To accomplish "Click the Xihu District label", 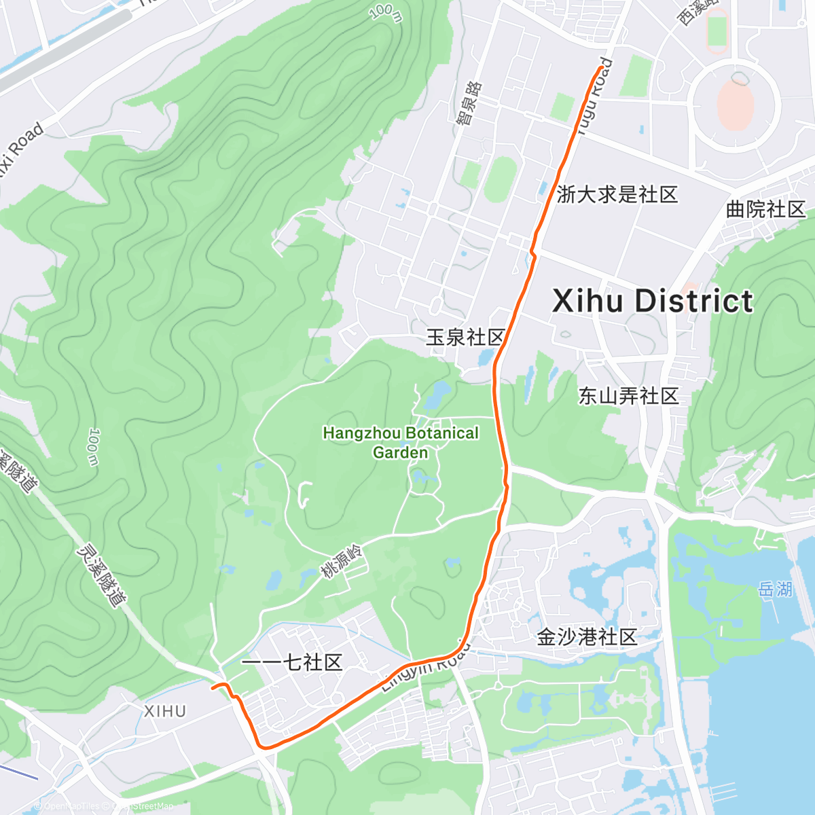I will [652, 301].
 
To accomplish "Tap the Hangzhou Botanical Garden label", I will [401, 443].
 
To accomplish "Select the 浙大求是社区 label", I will [617, 195].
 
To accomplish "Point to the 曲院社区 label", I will [765, 209].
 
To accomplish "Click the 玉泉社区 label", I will [466, 337].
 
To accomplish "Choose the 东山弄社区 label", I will [628, 396].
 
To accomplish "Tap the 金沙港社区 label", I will [587, 636].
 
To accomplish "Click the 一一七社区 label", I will [292, 662].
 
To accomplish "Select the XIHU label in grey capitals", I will [165, 711].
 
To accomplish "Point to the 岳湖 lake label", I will [775, 589].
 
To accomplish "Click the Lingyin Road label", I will [425, 668].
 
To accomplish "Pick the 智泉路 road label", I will [469, 103].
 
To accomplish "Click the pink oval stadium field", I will [735, 105].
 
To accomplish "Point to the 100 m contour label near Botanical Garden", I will [93, 447].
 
